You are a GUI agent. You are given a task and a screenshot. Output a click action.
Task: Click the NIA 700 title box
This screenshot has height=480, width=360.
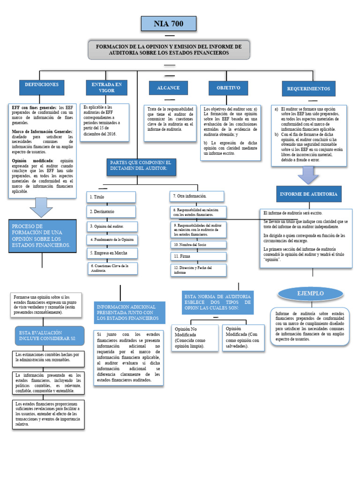click(169, 23)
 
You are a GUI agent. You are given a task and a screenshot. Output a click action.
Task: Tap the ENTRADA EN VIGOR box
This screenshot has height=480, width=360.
click(106, 88)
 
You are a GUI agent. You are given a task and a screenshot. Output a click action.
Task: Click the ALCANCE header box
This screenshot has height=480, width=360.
click(168, 88)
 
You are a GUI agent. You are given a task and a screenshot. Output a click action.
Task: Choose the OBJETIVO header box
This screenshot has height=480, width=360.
click(228, 88)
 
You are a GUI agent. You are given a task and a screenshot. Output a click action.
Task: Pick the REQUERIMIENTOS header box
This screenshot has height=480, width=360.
click(308, 89)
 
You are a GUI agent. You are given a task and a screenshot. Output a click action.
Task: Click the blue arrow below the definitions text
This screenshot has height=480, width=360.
click(41, 207)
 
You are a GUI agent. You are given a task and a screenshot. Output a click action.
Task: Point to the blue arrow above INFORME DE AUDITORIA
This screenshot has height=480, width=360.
click(308, 175)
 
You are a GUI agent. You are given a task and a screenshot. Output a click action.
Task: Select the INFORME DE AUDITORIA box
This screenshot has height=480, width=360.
click(308, 194)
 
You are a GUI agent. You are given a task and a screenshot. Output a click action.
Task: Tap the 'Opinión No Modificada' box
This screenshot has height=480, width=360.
click(194, 337)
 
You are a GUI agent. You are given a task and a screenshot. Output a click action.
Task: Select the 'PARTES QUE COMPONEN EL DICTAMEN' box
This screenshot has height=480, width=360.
click(141, 165)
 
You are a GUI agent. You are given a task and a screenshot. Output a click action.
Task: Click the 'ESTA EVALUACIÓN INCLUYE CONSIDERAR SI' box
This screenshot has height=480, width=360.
click(50, 336)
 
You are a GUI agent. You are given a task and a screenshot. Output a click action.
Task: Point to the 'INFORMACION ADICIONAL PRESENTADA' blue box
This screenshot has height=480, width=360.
click(131, 313)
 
